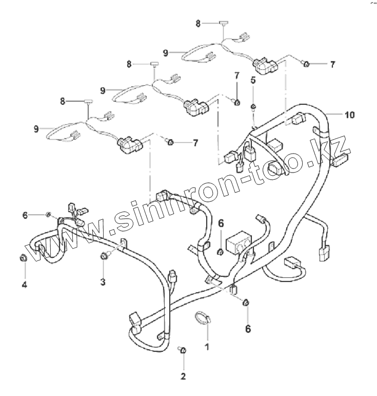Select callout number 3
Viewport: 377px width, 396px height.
(x=103, y=281)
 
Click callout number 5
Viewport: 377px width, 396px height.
(x=253, y=80)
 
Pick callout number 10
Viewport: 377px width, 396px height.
(x=349, y=115)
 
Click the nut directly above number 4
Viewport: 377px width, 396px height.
(x=23, y=257)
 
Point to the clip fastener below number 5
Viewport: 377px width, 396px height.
(x=253, y=107)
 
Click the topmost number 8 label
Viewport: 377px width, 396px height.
(x=198, y=23)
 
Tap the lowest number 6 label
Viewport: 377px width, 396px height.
(x=248, y=329)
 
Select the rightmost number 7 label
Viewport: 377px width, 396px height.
(x=332, y=65)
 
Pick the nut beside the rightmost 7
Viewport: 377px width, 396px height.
(x=306, y=65)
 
